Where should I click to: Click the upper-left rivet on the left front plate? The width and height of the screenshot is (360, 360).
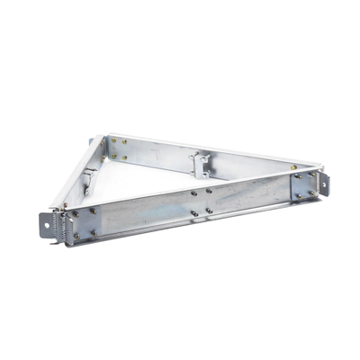[74, 213]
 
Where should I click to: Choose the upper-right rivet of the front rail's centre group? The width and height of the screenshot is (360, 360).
[210, 190]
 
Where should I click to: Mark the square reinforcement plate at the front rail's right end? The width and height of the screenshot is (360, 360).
[302, 185]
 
